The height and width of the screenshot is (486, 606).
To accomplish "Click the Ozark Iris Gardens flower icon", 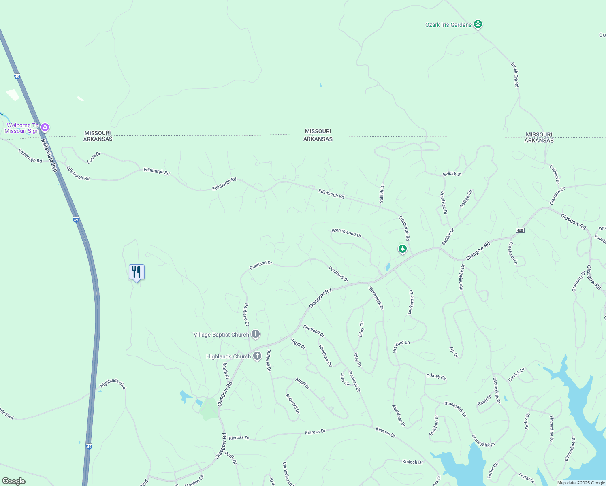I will [478, 25].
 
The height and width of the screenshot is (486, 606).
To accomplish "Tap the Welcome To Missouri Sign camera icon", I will [45, 128].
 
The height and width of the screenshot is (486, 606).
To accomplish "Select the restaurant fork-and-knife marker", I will [137, 272].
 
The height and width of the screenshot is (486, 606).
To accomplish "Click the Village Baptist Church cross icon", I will [256, 334].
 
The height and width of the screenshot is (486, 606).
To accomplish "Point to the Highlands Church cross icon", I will [257, 356].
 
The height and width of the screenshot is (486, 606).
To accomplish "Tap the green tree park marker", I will [402, 249].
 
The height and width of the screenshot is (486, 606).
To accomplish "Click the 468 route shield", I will [520, 230].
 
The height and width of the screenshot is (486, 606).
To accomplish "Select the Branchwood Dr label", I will [346, 233].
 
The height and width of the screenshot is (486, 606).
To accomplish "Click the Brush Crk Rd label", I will [515, 75].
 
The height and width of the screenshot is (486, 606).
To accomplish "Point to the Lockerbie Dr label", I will [411, 302].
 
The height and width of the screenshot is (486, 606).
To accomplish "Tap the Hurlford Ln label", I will [401, 346].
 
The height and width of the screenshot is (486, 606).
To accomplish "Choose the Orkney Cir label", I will [436, 377].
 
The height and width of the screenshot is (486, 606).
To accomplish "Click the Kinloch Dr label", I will [412, 462].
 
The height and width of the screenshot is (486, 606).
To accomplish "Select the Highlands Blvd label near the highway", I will [113, 384].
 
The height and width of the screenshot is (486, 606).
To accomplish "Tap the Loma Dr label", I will [94, 158].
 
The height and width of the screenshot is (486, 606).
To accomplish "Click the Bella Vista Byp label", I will [49, 154].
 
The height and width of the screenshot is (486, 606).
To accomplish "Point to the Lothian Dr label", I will [555, 175].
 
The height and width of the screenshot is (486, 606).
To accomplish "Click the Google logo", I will [14, 481].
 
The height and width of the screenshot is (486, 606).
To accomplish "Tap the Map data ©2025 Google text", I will [581, 483].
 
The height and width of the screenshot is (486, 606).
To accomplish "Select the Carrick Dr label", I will [516, 375].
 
